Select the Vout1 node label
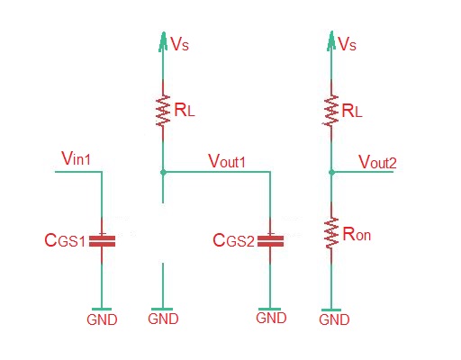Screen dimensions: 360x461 228,160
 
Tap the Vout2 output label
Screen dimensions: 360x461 378,161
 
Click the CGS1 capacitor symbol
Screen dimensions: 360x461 103,240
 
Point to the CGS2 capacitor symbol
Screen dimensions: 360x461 270,240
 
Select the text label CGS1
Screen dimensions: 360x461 65,241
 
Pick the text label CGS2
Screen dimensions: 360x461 232,241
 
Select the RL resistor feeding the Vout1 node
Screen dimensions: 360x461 163,112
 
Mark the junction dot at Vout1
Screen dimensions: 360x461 163,171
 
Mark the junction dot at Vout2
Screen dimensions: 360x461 332,171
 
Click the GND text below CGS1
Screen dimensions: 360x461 102,319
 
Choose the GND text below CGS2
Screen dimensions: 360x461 271,318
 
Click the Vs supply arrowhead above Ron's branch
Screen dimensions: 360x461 332,40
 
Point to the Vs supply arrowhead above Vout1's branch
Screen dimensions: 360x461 163,40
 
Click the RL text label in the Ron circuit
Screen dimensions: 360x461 352,112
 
